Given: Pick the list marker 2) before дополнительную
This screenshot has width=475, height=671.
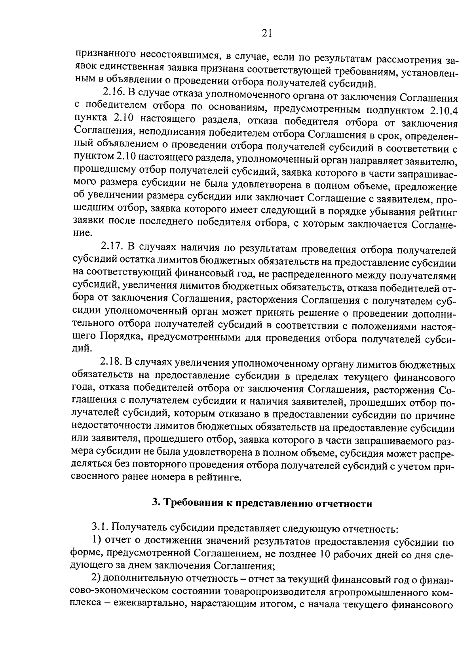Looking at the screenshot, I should click(97, 578).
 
